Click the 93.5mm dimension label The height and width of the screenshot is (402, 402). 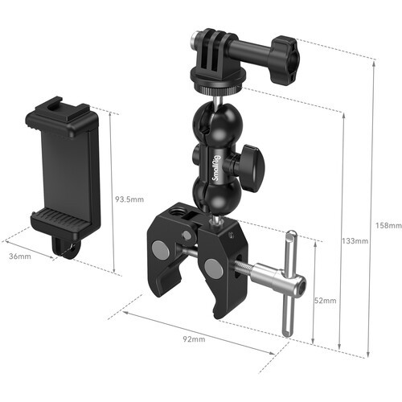point(129,199)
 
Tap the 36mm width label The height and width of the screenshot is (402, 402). point(20,257)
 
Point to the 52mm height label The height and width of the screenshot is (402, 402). point(324,301)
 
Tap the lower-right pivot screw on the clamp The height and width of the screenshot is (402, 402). point(213,266)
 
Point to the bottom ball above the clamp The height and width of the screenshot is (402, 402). point(211,193)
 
